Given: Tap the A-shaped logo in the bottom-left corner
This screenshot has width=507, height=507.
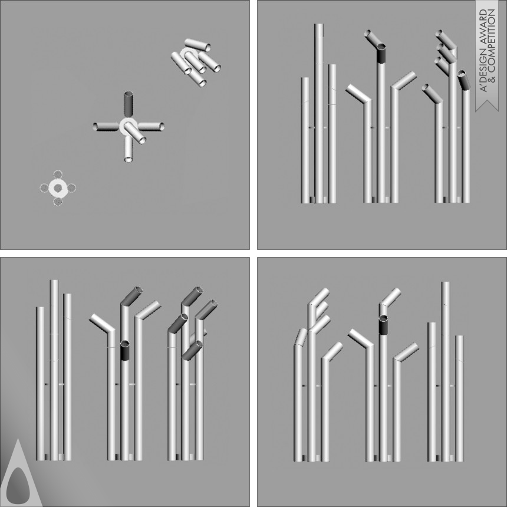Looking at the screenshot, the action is [x=20, y=472].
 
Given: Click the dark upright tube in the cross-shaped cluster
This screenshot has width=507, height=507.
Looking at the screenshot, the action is [x=129, y=104].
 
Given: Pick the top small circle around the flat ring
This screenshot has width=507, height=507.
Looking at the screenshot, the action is [x=58, y=175].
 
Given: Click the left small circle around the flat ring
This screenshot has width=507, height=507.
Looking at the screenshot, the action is [x=44, y=188].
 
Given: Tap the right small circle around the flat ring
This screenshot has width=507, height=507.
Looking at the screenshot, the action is [x=71, y=188].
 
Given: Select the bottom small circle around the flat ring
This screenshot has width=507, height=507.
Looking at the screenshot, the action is [x=58, y=202].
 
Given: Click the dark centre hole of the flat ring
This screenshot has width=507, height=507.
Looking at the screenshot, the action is [x=58, y=188].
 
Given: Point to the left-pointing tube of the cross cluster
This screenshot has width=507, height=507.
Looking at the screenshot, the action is [x=106, y=127].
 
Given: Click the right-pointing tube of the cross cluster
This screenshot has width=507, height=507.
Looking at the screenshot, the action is [x=151, y=126].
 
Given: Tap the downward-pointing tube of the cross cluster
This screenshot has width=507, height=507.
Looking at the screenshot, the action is [x=129, y=149].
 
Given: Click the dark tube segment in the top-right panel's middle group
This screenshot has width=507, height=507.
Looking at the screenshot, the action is [x=381, y=53].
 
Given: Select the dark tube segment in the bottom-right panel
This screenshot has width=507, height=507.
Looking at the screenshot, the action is [x=383, y=325].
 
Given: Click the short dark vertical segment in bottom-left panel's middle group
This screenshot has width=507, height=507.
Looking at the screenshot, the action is [x=125, y=350].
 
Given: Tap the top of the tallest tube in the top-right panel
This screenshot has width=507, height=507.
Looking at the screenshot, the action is [x=319, y=24].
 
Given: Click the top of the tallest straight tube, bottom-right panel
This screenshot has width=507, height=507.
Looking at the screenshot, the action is [x=446, y=282].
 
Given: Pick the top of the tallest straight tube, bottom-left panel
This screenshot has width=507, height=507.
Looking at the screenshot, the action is [x=54, y=281].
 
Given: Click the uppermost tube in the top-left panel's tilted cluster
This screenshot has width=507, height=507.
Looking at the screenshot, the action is [x=197, y=44].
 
